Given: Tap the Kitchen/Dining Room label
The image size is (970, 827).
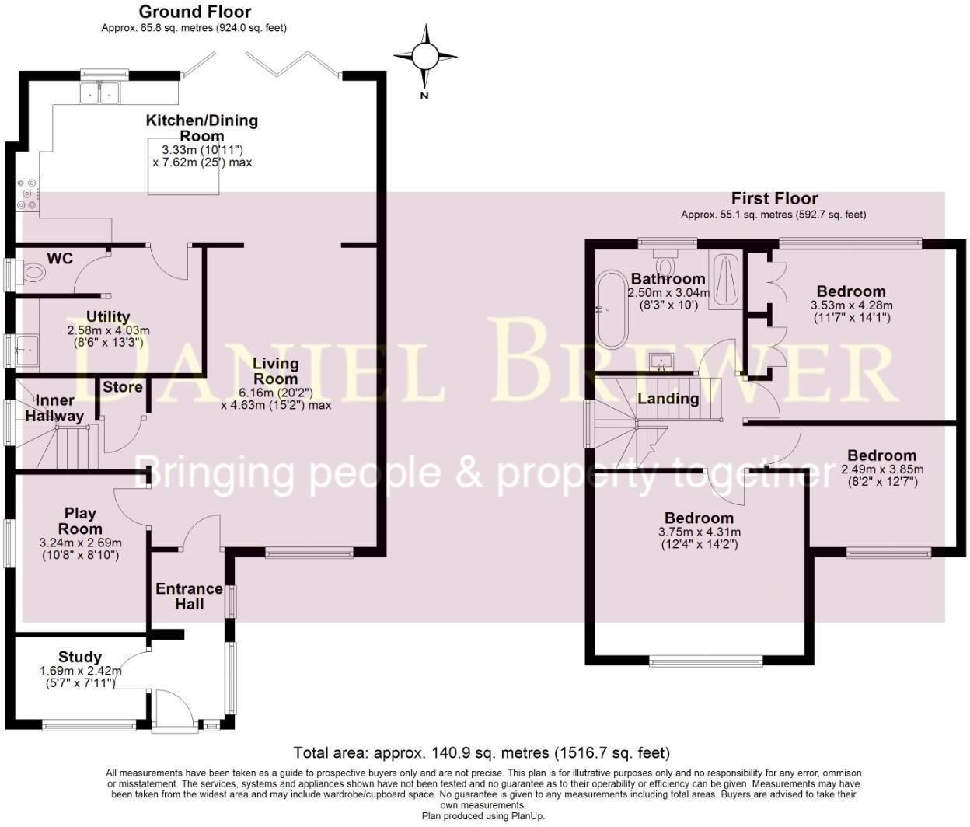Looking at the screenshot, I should click(202, 127).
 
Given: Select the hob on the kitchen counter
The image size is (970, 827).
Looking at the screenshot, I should click(26, 195).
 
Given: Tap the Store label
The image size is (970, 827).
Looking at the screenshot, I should click(123, 387).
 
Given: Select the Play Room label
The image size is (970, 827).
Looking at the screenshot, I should click(80, 521).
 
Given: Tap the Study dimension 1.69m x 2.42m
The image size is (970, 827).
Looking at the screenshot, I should click(80, 671).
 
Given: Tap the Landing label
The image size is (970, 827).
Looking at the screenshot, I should click(668, 399).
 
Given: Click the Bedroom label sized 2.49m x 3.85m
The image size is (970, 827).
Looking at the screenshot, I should click(881, 455).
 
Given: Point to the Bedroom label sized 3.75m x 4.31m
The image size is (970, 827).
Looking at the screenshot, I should click(699, 518).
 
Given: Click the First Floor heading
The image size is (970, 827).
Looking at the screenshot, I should click(774, 199).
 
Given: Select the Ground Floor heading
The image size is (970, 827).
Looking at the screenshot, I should click(194, 12).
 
